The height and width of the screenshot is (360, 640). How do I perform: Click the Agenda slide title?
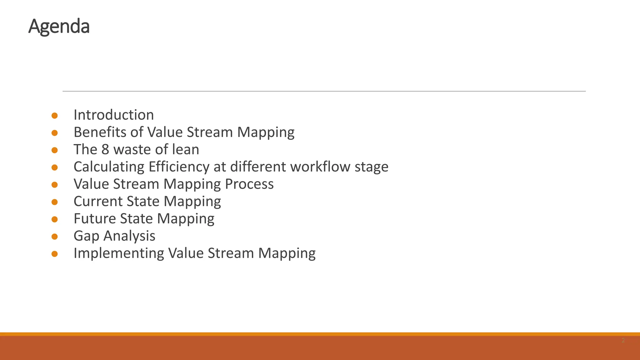coord(59,27)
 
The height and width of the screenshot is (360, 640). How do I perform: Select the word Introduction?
coord(114,115)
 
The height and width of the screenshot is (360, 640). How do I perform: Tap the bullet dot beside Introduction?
coord(55,116)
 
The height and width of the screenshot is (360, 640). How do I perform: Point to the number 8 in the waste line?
coord(105,149)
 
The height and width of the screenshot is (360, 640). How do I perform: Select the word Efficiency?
coord(179,167)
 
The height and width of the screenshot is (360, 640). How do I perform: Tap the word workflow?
coord(320,167)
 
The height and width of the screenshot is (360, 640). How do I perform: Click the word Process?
coord(249,184)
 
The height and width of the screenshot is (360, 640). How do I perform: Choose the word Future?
coord(95,218)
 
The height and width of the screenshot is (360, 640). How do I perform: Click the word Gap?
coord(86,236)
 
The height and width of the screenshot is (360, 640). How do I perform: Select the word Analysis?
coord(129,236)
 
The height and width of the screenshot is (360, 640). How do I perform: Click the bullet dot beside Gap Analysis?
coord(55,237)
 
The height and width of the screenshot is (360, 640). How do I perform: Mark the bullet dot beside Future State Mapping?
coord(55,219)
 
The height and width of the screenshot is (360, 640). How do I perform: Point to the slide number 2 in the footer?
coord(623,340)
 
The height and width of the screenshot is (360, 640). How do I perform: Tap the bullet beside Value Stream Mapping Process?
coord(55,185)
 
